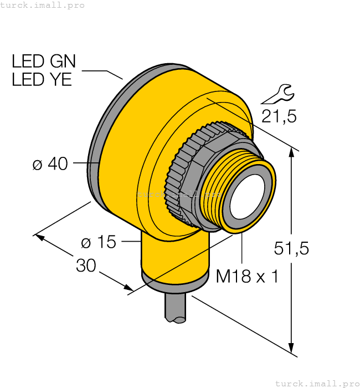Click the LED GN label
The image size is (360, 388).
coord(44,61)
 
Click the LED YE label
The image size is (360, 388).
coord(42,79)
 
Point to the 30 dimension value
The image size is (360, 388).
coord(86,266)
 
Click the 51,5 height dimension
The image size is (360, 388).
coord(291,248)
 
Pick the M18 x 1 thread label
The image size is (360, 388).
coord(247,276)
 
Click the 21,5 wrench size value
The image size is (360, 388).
coord(279,116)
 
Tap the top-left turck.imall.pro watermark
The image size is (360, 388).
coord(42,5)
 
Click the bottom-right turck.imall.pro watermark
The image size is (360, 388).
coord(317,383)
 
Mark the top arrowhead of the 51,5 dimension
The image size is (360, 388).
coord(292,150)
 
